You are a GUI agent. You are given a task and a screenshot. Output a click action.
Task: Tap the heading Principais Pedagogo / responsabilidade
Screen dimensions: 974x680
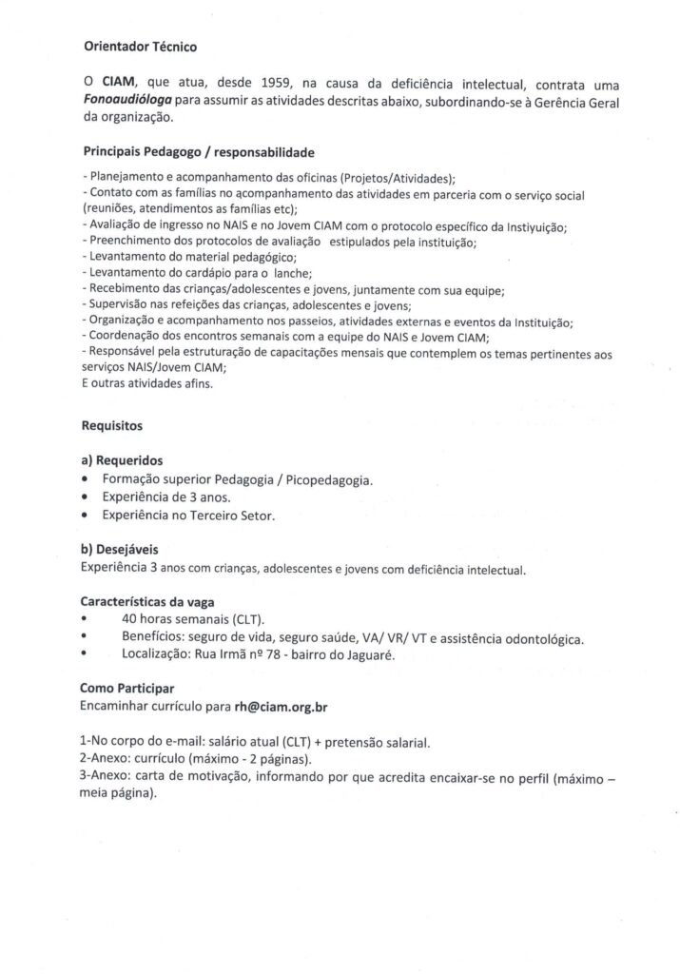tap(198, 151)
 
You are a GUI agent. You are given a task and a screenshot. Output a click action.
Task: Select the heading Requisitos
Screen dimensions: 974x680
tap(112, 428)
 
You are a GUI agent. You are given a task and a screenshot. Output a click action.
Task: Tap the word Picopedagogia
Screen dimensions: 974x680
tap(326, 479)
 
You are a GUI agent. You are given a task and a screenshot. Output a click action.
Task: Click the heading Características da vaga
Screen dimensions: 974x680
tap(147, 602)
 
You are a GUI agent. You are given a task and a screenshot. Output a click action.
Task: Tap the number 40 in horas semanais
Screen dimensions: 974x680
tap(130, 619)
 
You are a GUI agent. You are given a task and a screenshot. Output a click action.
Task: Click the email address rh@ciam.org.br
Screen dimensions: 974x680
tap(288, 706)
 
